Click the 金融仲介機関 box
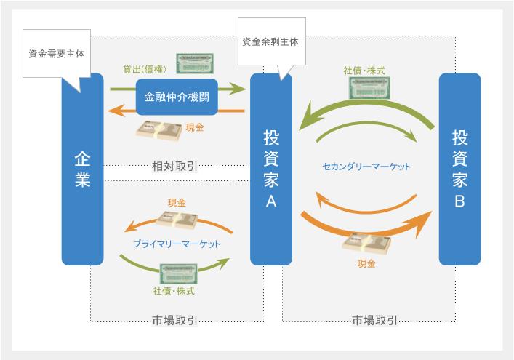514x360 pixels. pos(177,97)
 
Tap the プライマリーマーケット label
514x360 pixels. pos(177,244)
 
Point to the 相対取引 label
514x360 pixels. pos(177,166)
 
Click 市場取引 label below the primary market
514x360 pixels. pos(177,320)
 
